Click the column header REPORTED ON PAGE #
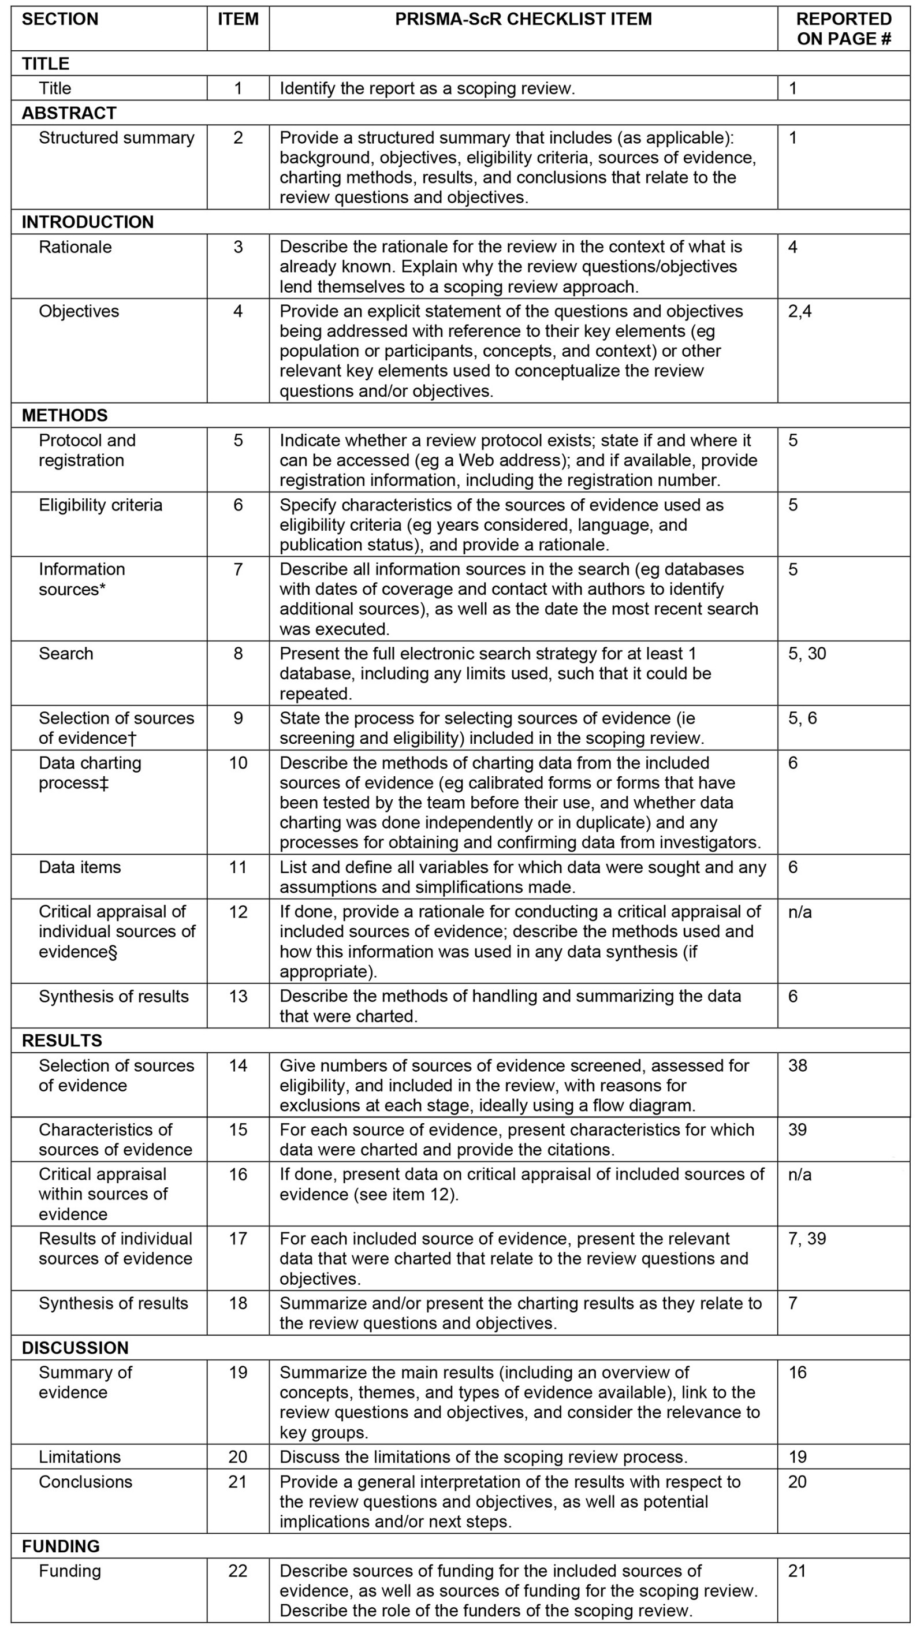tap(843, 29)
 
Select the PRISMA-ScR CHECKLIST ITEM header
tap(523, 19)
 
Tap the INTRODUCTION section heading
tap(88, 222)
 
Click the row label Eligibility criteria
tap(100, 505)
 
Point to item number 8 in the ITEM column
tap(237, 653)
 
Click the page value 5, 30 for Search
tap(807, 653)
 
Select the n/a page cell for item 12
tap(800, 912)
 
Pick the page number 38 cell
tap(798, 1065)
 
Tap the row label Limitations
tap(80, 1456)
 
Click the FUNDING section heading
tap(61, 1546)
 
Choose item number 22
tap(237, 1571)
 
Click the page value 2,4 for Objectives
tap(800, 311)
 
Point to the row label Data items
tap(80, 867)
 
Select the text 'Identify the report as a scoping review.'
tap(427, 88)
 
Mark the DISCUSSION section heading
tap(75, 1347)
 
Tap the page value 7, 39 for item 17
tap(807, 1238)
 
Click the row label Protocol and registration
tap(87, 450)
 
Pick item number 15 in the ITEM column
tap(237, 1130)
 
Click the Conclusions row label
tap(85, 1481)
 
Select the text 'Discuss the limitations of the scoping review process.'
tap(483, 1456)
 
